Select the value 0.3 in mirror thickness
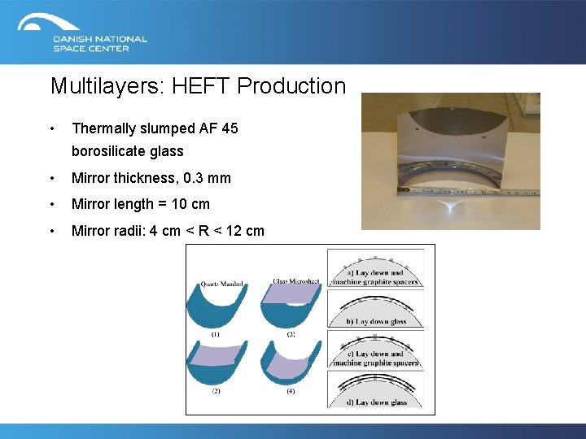pyautogui.click(x=193, y=178)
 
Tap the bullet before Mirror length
pyautogui.click(x=52, y=204)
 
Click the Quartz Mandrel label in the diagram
pyautogui.click(x=222, y=285)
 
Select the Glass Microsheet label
pyautogui.click(x=296, y=281)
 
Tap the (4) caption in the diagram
pyautogui.click(x=291, y=392)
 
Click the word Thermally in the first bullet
pyautogui.click(x=104, y=128)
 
